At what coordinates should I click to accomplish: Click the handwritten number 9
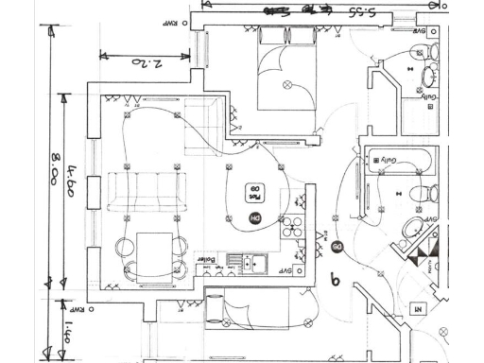334,280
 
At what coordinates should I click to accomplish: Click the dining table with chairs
151,251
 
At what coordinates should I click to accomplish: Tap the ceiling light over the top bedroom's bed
287,84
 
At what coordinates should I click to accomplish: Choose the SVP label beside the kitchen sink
284,269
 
